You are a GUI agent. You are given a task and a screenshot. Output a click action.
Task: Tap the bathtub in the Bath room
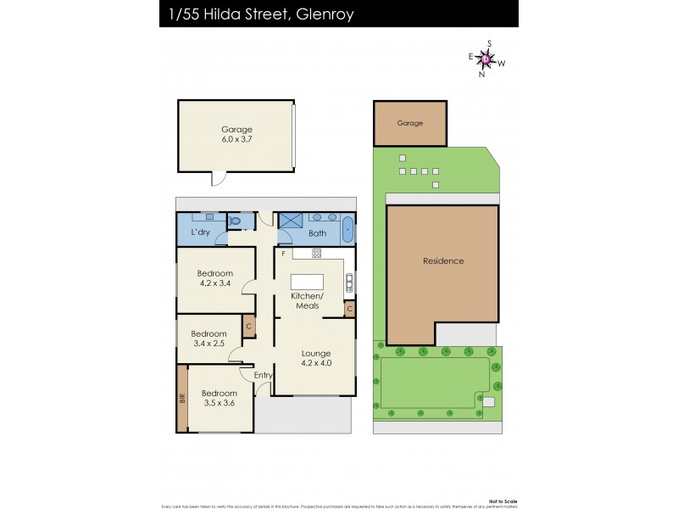[347, 230]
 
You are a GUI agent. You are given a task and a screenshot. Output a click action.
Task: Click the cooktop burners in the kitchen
[316, 253]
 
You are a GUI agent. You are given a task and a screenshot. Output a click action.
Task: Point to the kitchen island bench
[307, 282]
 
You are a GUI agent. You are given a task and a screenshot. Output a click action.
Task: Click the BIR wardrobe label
[182, 397]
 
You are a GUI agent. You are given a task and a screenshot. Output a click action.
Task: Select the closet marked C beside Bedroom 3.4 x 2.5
[248, 325]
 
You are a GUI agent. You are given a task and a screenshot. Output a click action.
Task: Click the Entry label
[263, 374]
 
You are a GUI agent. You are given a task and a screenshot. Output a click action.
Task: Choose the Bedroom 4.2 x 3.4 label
[214, 278]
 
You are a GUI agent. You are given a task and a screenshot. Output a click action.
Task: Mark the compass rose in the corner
[486, 59]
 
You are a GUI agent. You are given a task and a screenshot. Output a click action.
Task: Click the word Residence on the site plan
[443, 260]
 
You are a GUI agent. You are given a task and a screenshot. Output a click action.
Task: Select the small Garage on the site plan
[410, 124]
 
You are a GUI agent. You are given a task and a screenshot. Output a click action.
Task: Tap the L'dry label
[200, 232]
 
